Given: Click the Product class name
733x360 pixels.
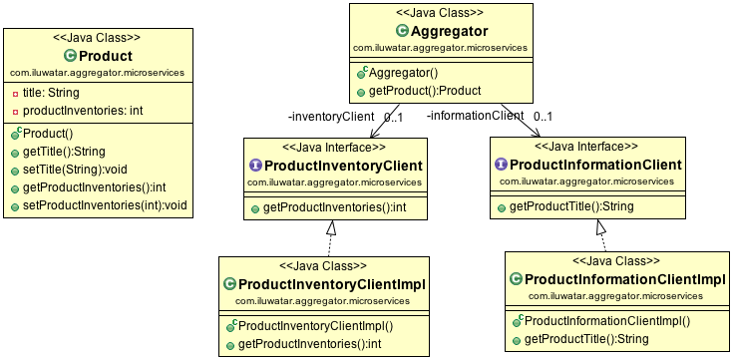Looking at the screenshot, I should (x=105, y=55).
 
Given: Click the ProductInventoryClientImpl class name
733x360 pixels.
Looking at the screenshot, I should (x=332, y=284).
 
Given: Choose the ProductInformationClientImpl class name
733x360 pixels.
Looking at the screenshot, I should (x=622, y=278).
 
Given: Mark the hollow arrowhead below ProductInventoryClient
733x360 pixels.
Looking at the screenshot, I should (x=331, y=228).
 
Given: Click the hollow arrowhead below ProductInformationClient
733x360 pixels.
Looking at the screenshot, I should (x=601, y=228).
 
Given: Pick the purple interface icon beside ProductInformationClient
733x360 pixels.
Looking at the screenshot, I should (x=501, y=165).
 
